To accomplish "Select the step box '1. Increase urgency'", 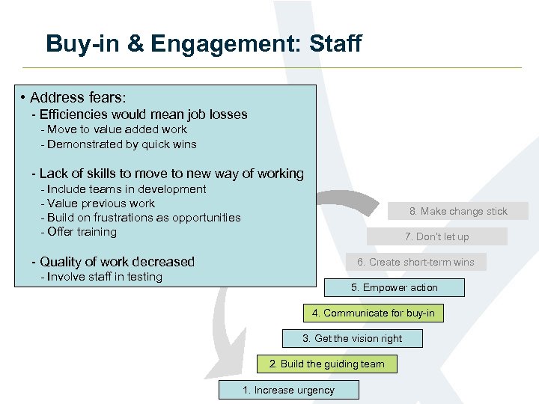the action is (x=288, y=390).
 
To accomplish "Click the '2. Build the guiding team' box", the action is (x=326, y=364).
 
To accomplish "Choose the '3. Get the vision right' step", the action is (x=352, y=339).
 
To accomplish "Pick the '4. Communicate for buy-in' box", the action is (x=373, y=313).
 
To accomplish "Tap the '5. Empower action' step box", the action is (x=394, y=288).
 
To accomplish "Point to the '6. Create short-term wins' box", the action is (x=415, y=262).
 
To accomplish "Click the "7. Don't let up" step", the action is (x=436, y=236).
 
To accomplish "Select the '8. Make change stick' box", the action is (x=458, y=211).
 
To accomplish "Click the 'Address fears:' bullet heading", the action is (x=78, y=98).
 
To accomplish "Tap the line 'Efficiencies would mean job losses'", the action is (x=143, y=114).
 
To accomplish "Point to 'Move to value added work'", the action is (x=118, y=129).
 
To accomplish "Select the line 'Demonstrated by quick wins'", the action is (x=122, y=144).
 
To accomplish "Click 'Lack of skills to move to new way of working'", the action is (x=171, y=174).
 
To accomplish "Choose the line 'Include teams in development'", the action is (x=127, y=189).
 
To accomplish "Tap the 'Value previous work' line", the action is (x=101, y=203).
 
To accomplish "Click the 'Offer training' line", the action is (x=82, y=232).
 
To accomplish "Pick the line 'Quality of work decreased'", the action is (x=117, y=262).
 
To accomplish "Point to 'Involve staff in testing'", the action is (x=105, y=277).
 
